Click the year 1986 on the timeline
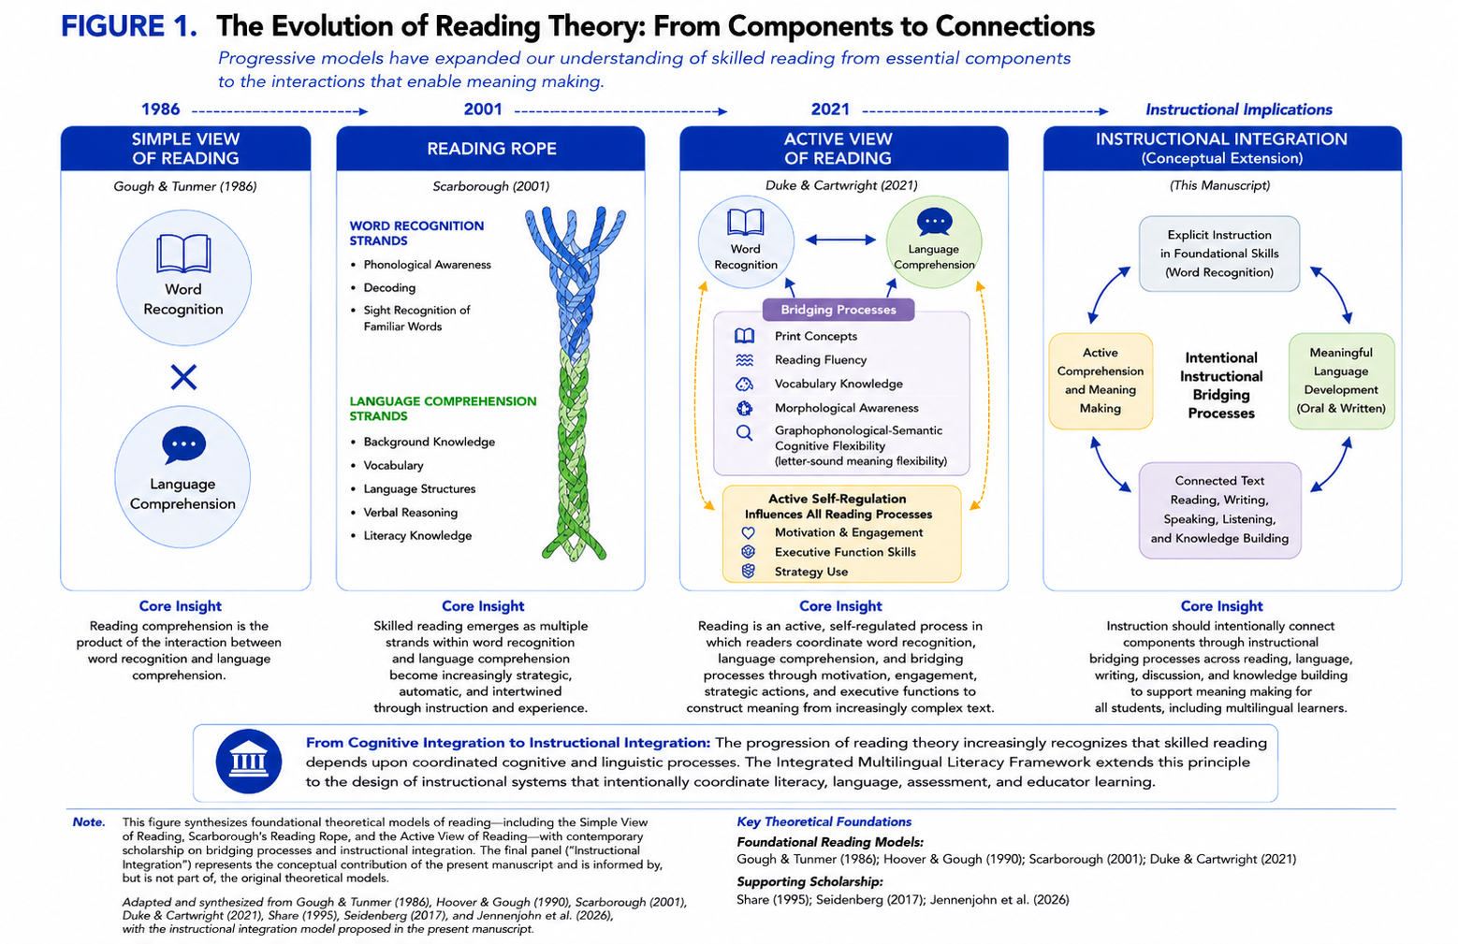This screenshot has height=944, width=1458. tap(160, 109)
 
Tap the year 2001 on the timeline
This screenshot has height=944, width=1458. tap(482, 109)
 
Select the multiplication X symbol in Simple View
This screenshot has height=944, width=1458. tap(183, 377)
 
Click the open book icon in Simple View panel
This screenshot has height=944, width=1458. tap(183, 254)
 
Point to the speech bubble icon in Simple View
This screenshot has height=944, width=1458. tap(183, 445)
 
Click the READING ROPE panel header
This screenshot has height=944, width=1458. tap(490, 149)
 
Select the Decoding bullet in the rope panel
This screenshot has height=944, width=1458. tap(389, 287)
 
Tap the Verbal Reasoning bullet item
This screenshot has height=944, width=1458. tap(410, 513)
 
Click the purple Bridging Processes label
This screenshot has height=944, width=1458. tap(838, 310)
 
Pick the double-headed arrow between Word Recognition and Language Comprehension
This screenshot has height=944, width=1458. tap(840, 240)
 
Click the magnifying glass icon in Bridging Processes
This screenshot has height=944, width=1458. tap(744, 432)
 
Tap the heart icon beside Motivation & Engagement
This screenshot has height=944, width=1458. tap(749, 533)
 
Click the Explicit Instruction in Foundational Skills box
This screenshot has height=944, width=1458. tap(1219, 254)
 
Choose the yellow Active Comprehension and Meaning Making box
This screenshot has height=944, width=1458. tap(1101, 381)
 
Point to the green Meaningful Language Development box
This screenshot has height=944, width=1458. tap(1341, 381)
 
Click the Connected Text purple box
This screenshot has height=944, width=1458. tap(1219, 510)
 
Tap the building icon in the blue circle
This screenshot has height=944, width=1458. tap(249, 762)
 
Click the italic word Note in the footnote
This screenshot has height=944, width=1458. tap(89, 822)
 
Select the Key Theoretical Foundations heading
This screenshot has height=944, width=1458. tap(824, 821)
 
